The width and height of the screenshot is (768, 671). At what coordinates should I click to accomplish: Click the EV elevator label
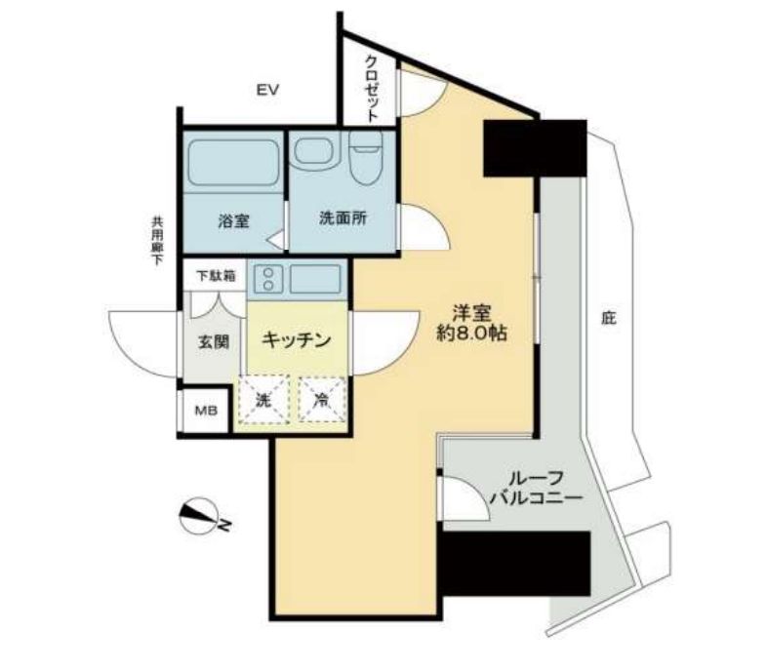click(268, 91)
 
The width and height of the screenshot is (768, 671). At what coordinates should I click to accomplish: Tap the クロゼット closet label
click(373, 88)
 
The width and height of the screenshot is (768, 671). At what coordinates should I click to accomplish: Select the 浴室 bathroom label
click(233, 220)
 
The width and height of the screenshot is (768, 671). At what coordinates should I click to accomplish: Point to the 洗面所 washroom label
click(343, 219)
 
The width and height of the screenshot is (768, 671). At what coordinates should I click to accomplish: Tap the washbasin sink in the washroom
click(315, 152)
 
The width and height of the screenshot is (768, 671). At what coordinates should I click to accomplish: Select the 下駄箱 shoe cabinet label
click(215, 276)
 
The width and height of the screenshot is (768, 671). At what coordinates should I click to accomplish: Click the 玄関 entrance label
click(214, 342)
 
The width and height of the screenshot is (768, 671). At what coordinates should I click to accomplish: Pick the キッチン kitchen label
click(296, 340)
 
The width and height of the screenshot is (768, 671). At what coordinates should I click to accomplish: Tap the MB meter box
click(206, 409)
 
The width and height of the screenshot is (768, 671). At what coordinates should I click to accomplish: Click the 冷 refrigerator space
click(321, 399)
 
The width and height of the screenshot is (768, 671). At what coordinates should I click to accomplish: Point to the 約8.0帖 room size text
click(471, 333)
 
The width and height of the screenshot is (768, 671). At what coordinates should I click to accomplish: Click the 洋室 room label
click(471, 312)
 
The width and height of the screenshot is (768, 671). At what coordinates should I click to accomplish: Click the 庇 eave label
click(609, 318)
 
